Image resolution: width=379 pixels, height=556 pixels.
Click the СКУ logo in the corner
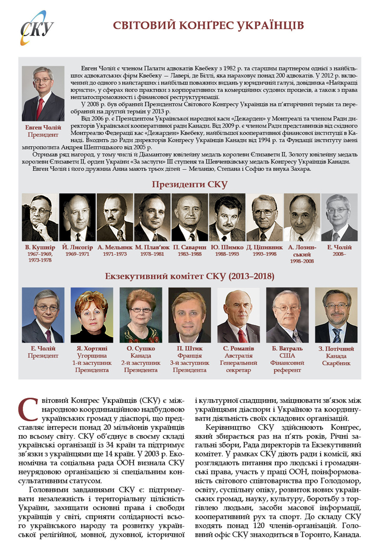click(36, 28)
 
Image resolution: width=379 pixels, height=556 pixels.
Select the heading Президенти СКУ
click(189, 184)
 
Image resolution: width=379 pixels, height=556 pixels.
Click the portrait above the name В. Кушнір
click(40, 217)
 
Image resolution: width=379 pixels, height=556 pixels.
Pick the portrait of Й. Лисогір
click(77, 217)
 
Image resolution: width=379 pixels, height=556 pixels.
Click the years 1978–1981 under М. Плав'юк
click(151, 254)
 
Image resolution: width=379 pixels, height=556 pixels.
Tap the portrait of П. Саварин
click(189, 217)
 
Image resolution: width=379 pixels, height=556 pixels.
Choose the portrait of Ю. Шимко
click(227, 217)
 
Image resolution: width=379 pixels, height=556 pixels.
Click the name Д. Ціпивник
click(264, 246)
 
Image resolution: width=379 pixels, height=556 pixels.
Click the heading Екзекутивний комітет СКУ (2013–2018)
click(189, 276)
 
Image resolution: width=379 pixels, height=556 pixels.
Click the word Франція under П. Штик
click(189, 356)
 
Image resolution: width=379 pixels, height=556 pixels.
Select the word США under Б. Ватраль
click(287, 356)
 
